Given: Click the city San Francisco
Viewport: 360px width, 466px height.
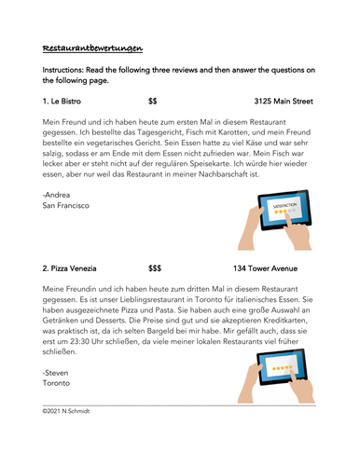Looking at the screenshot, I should tap(65, 205).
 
